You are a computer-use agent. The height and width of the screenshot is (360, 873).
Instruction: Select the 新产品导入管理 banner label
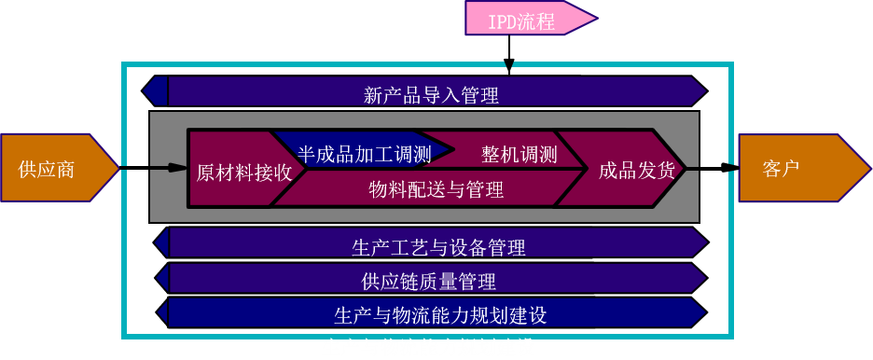point(431,93)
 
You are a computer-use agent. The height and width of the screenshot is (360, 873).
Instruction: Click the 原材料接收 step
point(244,172)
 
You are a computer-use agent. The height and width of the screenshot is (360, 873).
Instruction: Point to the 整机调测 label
point(519,154)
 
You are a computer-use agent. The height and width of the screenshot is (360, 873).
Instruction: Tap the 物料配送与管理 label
point(436,190)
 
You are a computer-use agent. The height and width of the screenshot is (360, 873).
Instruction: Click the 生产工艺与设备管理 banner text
point(438,247)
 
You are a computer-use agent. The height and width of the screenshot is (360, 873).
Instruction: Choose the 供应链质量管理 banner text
point(428,280)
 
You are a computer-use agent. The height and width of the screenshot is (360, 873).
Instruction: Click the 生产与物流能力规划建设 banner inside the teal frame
point(439,314)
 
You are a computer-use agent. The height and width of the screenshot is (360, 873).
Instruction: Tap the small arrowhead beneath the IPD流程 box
point(507,64)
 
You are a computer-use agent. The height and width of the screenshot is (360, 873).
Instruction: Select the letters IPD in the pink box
point(501,20)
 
